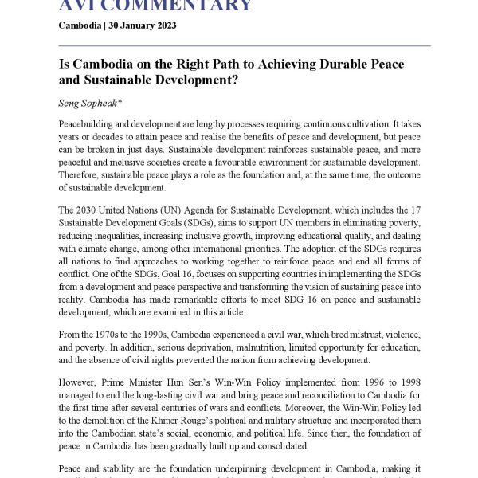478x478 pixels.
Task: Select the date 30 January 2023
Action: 143,25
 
